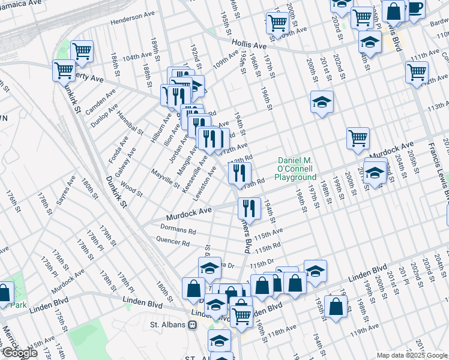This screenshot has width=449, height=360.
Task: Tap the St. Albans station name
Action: click(x=168, y=325)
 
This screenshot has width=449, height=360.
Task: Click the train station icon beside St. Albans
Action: click(x=192, y=325)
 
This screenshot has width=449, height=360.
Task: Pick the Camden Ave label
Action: click(x=101, y=103)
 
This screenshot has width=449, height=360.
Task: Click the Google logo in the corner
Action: click(x=20, y=353)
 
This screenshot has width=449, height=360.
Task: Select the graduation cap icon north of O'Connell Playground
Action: click(x=322, y=101)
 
